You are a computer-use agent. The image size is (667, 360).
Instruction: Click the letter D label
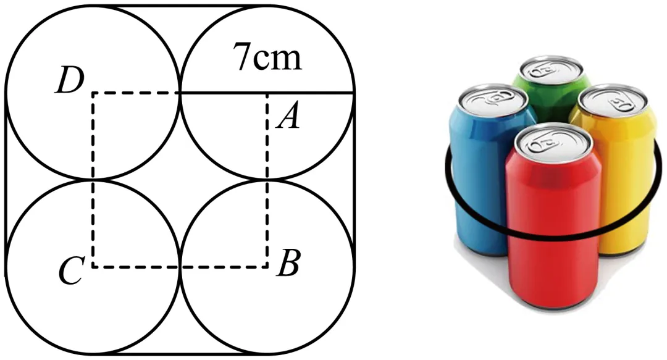coord(70,82)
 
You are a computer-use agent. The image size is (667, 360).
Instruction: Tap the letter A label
coord(288,117)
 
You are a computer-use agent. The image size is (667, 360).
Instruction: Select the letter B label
coord(288,262)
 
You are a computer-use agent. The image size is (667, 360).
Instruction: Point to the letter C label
coord(70,270)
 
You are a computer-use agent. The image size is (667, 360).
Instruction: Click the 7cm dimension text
coord(267,57)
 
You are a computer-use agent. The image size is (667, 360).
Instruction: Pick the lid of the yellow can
coord(613,101)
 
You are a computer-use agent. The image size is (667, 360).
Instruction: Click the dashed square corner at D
coord(93,93)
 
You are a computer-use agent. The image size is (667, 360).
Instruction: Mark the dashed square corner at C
coord(93,267)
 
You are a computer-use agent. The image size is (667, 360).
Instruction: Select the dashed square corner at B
coord(267,267)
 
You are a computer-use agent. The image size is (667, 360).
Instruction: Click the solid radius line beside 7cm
coord(267,93)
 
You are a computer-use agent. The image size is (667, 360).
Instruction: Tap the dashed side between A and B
coord(267,180)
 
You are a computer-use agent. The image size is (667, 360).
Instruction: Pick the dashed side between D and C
coord(93,180)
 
